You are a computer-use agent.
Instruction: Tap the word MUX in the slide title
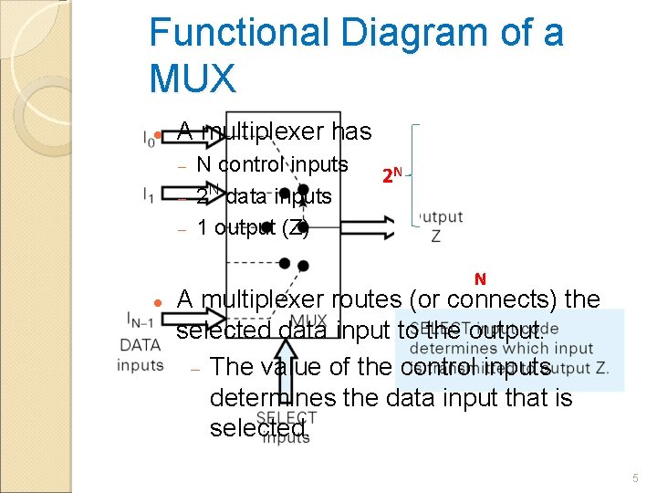[x=193, y=79]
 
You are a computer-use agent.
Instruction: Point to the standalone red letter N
[x=480, y=278]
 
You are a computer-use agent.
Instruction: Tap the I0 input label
[x=149, y=139]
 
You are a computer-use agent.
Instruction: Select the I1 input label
[x=149, y=194]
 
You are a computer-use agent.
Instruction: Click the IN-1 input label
[x=141, y=319]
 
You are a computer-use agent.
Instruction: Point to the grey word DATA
[x=141, y=344]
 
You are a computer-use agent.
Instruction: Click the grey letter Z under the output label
[x=436, y=236]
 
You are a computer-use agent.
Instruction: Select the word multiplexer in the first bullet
[x=261, y=131]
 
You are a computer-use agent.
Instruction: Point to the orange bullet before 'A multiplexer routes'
[x=158, y=301]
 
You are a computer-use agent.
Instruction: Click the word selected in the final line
[x=256, y=427]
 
